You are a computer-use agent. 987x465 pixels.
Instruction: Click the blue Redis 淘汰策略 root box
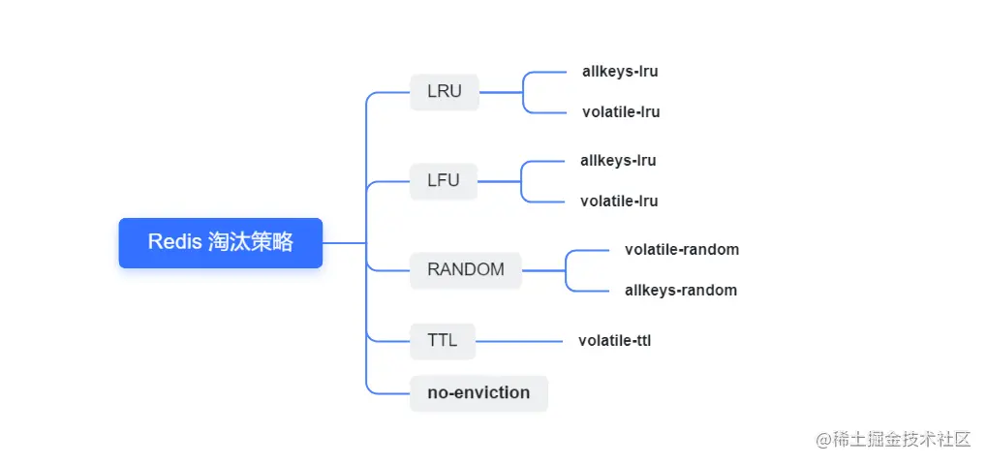pos(220,243)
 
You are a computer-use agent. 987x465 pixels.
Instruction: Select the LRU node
pos(445,92)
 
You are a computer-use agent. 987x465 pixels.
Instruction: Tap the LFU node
pos(444,181)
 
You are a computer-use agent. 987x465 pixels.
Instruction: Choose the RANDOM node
pos(466,270)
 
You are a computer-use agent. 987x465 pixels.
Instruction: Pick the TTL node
pos(443,341)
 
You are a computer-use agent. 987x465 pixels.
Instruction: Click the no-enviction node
pos(478,393)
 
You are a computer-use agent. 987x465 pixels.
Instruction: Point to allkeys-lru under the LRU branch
pos(620,72)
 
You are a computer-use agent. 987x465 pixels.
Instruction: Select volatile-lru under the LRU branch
pos(621,112)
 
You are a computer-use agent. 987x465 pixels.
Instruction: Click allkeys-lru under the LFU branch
pos(618,161)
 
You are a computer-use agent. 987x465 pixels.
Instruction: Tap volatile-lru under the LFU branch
pos(619,201)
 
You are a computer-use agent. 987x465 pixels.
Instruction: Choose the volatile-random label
pos(682,250)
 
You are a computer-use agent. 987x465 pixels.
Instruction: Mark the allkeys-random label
pos(681,291)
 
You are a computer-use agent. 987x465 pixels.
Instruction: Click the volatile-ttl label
pos(614,342)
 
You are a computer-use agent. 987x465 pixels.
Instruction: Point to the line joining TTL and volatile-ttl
pos(519,342)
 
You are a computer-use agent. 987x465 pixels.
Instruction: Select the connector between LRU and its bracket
pos(501,92)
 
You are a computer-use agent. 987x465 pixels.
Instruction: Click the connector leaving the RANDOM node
pos(543,270)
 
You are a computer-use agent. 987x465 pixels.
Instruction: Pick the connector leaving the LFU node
pos(499,181)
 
